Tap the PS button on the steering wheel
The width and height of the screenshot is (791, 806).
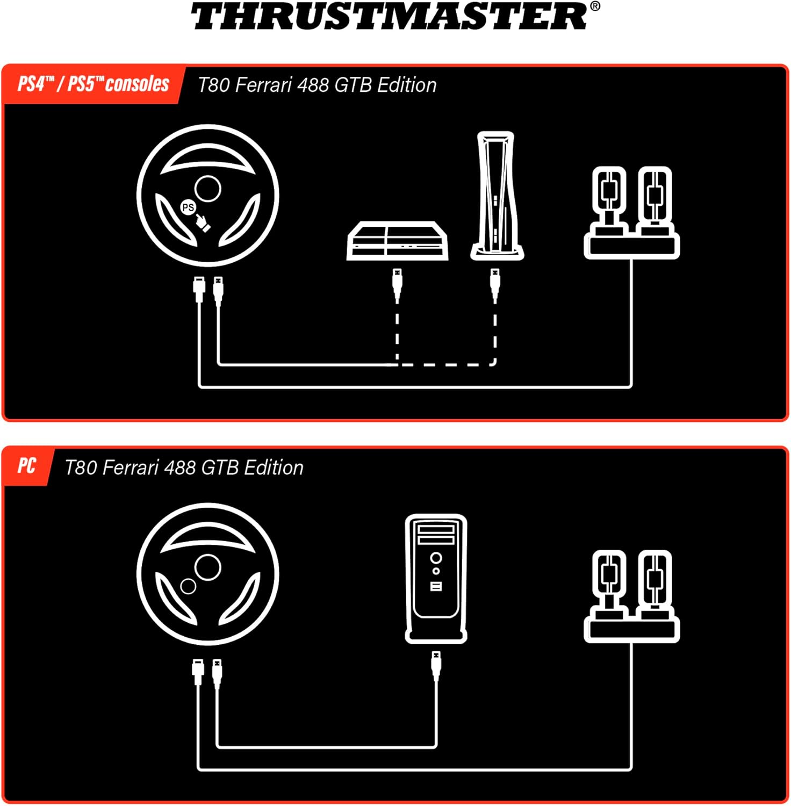(x=188, y=207)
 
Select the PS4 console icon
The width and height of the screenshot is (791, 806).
(x=398, y=240)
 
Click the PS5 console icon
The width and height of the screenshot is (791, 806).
(x=497, y=196)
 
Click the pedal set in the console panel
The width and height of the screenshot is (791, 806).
(x=632, y=212)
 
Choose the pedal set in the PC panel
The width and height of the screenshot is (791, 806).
(x=632, y=596)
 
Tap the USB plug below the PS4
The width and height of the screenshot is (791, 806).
(x=397, y=284)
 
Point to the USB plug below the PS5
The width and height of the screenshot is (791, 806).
(x=495, y=284)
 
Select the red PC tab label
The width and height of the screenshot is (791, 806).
(x=27, y=465)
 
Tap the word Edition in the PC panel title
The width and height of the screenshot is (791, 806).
(x=274, y=467)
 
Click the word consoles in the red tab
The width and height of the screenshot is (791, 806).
(x=138, y=84)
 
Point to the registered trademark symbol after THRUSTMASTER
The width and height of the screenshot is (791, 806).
(x=595, y=6)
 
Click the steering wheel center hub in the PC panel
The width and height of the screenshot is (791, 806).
(x=207, y=567)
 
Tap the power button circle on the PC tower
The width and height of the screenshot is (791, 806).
(x=436, y=558)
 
